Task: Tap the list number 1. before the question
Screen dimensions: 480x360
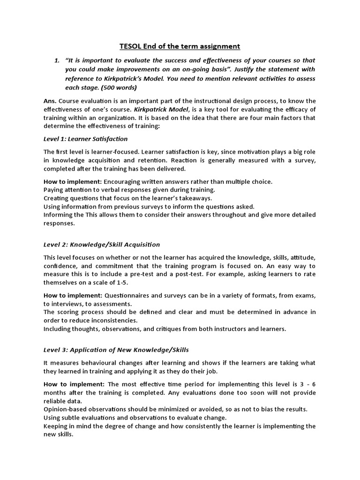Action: point(57,60)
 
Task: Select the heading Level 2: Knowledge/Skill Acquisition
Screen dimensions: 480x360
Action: point(102,244)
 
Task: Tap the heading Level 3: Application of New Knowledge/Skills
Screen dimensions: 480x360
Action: point(116,350)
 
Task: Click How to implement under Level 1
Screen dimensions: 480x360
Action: point(72,181)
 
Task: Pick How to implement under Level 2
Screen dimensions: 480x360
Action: point(72,295)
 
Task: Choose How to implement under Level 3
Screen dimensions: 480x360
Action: point(72,384)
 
